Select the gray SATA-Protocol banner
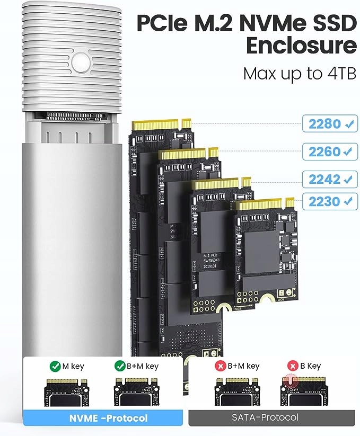[265, 418]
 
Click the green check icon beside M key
[55, 366]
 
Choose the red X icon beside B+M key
[219, 366]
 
